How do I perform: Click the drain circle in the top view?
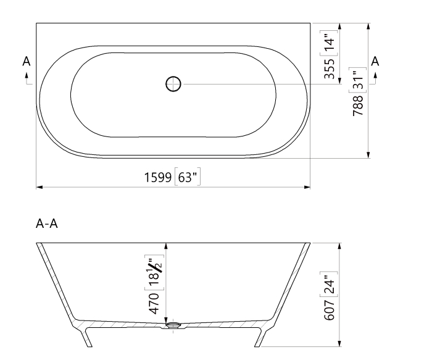click(x=173, y=83)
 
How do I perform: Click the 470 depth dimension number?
click(x=156, y=304)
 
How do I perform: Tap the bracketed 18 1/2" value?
click(x=156, y=270)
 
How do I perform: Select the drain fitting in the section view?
click(x=173, y=324)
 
